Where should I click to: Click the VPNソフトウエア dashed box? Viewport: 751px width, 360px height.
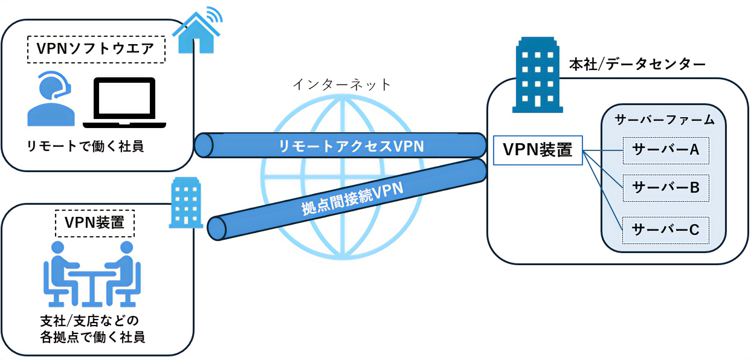pyautogui.click(x=97, y=50)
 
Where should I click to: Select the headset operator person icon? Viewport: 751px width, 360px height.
pyautogui.click(x=51, y=99)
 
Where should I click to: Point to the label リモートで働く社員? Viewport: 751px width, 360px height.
pyautogui.click(x=85, y=146)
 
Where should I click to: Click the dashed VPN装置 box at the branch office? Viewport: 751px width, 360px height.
pyautogui.click(x=95, y=222)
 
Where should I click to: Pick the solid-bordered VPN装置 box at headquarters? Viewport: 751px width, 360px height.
pyautogui.click(x=538, y=150)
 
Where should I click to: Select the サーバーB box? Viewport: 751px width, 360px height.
pyautogui.click(x=665, y=188)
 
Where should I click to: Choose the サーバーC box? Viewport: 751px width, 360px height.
pyautogui.click(x=665, y=230)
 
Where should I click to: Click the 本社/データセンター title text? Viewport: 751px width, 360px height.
pyautogui.click(x=637, y=64)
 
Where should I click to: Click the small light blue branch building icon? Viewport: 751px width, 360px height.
pyautogui.click(x=186, y=202)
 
